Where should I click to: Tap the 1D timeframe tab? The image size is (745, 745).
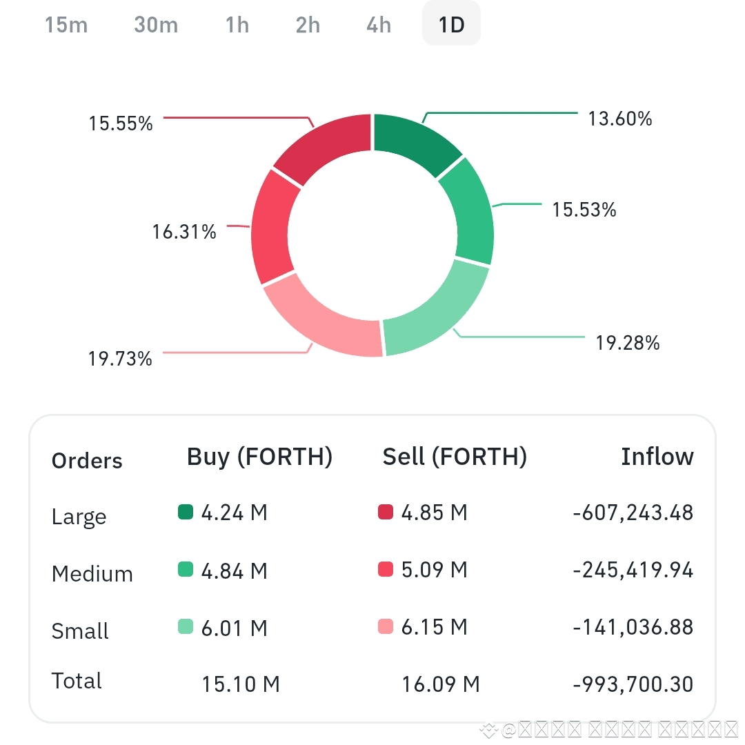click(451, 26)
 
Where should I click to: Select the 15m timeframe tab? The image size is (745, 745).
click(66, 26)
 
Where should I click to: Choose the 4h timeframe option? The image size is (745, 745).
click(379, 26)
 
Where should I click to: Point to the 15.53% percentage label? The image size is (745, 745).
click(584, 210)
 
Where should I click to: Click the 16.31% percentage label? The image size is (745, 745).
click(184, 232)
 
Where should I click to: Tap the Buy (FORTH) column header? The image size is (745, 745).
click(259, 457)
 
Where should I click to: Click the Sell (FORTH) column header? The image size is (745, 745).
click(455, 457)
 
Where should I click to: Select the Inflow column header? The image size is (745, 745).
click(657, 457)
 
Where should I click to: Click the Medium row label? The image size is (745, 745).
click(92, 574)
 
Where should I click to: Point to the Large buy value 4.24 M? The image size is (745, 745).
click(234, 513)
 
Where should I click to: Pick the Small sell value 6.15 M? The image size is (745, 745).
click(434, 627)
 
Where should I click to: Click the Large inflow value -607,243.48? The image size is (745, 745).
click(633, 513)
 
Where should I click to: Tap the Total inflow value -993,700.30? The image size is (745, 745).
click(633, 684)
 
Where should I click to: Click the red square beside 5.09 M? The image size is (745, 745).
click(386, 570)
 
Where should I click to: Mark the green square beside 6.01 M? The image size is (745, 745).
click(186, 627)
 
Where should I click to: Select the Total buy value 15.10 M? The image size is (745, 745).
click(240, 684)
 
